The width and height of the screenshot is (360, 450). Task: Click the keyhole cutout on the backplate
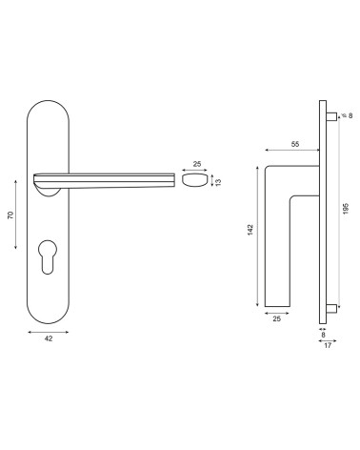click(48, 256)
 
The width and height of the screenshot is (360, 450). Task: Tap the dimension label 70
click(10, 215)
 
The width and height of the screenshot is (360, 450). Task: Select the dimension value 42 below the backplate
click(49, 338)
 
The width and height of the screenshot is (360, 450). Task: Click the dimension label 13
click(218, 182)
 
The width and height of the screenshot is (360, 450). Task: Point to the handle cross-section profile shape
click(194, 180)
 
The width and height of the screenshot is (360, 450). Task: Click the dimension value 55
click(295, 144)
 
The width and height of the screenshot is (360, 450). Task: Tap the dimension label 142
click(250, 230)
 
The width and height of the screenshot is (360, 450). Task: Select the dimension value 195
click(346, 209)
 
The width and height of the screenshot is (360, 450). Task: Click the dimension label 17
click(328, 345)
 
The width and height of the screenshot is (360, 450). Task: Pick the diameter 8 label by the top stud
click(348, 115)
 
